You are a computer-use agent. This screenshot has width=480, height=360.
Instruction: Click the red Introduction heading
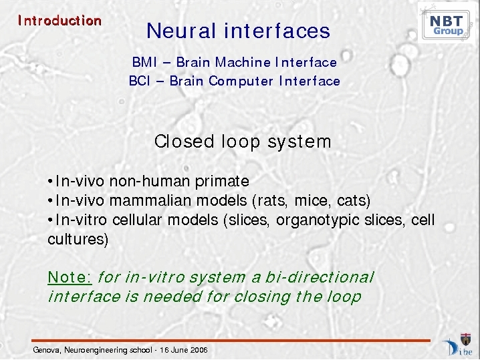(x=59, y=21)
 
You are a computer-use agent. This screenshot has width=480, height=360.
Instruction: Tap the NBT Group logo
(x=446, y=23)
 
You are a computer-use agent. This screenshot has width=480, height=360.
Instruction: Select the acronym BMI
(x=144, y=62)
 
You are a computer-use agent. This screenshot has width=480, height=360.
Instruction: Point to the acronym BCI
(x=140, y=81)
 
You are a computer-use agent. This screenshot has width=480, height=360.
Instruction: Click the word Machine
(x=243, y=62)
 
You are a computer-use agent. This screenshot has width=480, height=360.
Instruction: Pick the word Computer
(x=241, y=81)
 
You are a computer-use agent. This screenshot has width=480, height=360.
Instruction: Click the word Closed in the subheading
(x=184, y=142)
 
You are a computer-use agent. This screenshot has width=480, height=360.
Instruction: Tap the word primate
(x=222, y=181)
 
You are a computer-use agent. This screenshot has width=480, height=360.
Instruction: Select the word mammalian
(x=150, y=200)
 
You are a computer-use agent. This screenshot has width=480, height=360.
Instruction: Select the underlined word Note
(x=70, y=277)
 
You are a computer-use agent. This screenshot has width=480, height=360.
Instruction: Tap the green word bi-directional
(x=320, y=277)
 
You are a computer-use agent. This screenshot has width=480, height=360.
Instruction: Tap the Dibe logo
(x=458, y=345)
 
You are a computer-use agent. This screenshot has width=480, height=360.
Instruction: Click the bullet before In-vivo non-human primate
(x=51, y=182)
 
